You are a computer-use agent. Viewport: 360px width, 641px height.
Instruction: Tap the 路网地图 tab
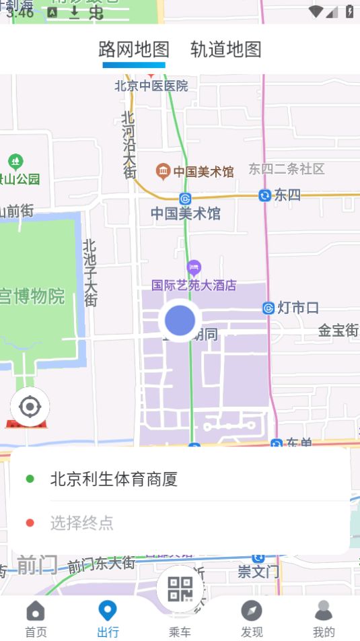click(x=134, y=49)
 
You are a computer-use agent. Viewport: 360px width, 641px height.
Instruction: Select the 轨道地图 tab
click(x=225, y=49)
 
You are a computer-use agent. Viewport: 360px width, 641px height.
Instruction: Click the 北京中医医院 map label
click(x=151, y=86)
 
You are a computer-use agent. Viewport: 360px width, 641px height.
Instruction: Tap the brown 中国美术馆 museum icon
click(x=163, y=171)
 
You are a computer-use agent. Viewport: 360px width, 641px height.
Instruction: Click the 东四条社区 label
click(x=287, y=169)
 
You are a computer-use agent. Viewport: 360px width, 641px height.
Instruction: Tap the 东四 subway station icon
click(x=265, y=195)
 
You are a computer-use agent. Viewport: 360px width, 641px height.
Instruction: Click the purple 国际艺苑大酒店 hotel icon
click(x=194, y=268)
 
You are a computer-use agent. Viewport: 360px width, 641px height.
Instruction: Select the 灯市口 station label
click(x=297, y=308)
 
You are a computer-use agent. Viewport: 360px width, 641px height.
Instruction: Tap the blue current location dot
click(x=180, y=320)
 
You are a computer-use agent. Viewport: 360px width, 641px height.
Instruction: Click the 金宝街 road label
click(x=338, y=331)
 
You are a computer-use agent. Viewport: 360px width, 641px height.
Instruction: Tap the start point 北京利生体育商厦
click(x=114, y=479)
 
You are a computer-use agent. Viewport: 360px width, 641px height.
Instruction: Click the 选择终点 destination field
click(x=82, y=522)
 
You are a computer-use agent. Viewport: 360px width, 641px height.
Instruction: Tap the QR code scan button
click(x=180, y=588)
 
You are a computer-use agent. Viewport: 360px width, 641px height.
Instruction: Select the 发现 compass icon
click(x=252, y=611)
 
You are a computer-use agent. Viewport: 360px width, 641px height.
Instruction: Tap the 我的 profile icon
click(x=324, y=611)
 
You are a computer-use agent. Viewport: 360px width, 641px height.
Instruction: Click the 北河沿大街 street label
click(x=129, y=145)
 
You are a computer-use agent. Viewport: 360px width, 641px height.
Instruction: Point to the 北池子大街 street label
click(x=90, y=273)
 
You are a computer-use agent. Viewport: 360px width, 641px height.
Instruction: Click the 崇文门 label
click(x=258, y=572)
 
